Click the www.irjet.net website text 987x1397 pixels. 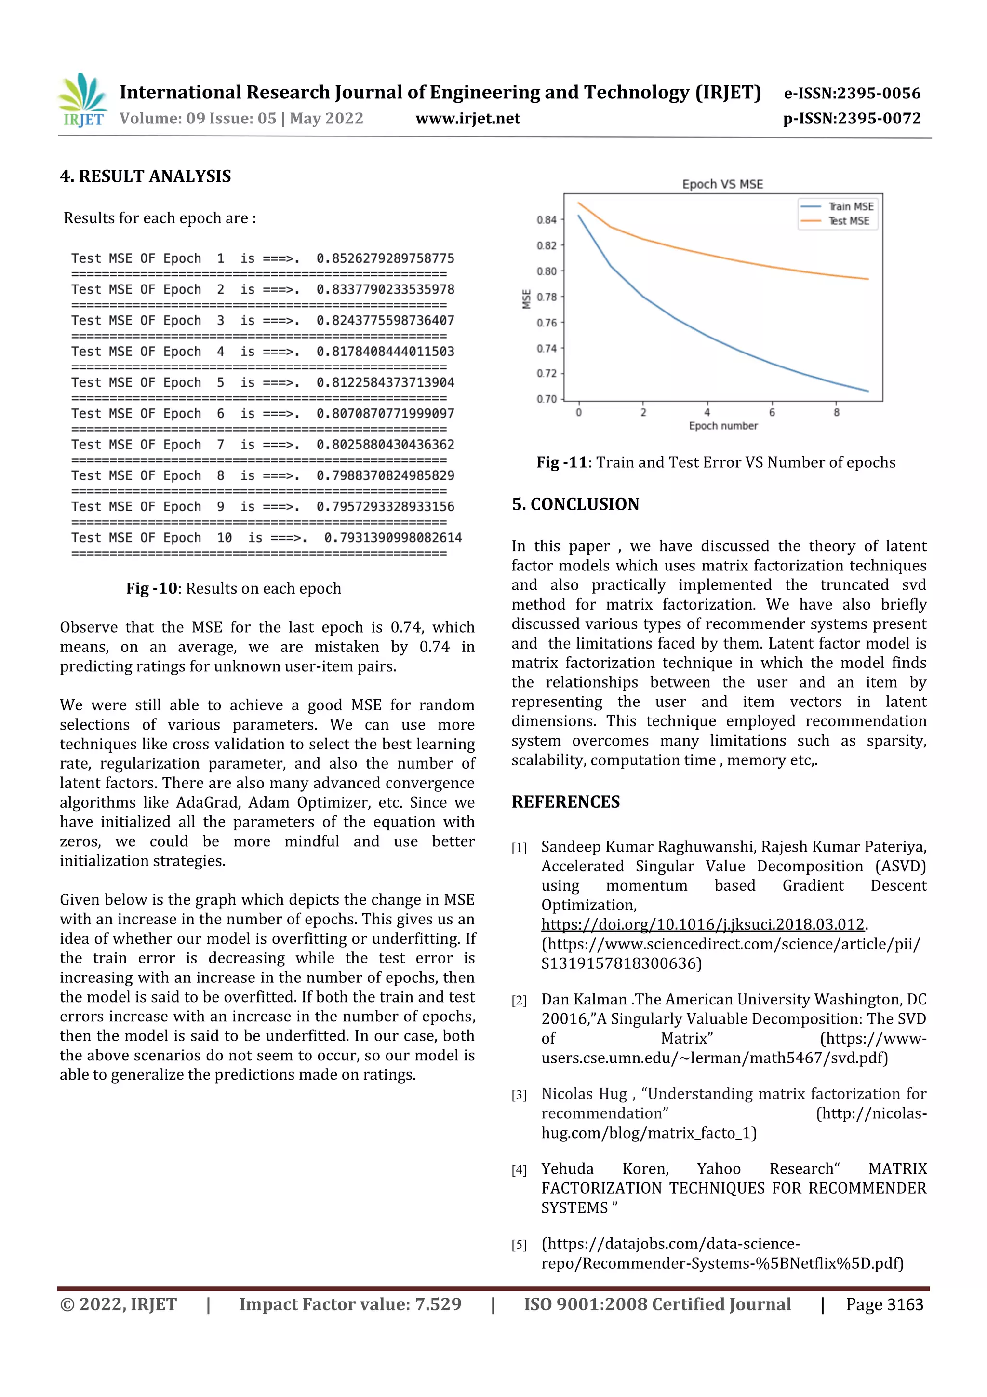467,118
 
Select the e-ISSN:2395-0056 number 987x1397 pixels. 852,93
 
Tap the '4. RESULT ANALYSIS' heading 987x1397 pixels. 146,176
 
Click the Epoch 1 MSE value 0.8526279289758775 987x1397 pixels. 385,258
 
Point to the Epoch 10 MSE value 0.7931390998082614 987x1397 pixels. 393,538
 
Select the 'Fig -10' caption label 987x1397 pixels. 151,588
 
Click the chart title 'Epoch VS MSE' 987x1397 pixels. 722,184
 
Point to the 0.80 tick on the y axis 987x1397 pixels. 546,271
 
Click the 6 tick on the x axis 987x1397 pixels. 772,412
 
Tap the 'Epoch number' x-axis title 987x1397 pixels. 723,426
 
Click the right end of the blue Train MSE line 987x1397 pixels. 867,391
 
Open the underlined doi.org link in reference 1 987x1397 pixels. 702,924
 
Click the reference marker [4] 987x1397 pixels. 519,1170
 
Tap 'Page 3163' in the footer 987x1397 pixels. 884,1304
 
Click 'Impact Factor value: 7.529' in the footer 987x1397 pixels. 350,1304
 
